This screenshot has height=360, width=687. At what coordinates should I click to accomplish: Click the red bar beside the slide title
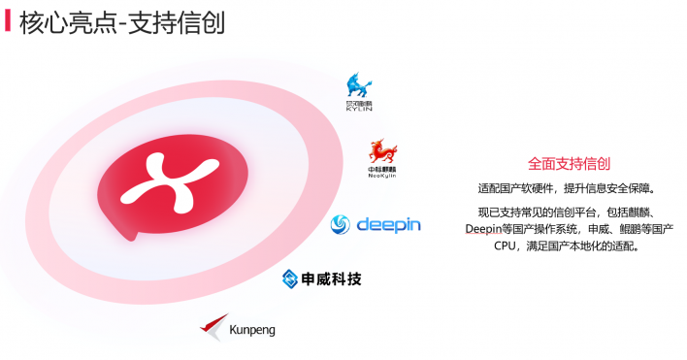[9, 20]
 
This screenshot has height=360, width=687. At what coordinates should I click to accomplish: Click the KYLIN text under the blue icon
[359, 109]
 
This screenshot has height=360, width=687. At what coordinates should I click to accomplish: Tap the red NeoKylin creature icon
[382, 151]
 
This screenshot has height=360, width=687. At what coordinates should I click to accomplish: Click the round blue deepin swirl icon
[342, 226]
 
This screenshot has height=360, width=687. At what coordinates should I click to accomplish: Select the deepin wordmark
[388, 225]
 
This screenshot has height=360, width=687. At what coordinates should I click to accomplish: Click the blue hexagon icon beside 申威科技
[290, 279]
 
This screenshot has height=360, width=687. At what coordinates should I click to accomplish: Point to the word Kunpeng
[252, 330]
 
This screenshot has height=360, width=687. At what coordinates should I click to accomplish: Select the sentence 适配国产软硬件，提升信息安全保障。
[568, 188]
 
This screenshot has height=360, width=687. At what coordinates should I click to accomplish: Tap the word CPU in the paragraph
[507, 246]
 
